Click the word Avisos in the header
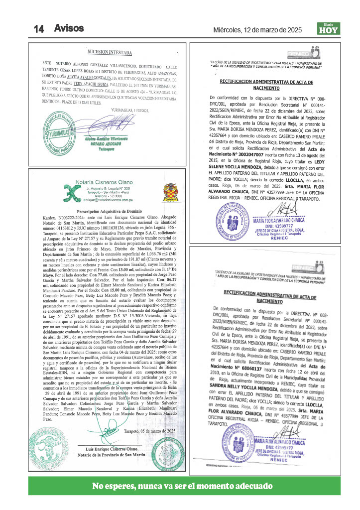(x=69, y=28)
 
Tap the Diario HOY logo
(x=328, y=29)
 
